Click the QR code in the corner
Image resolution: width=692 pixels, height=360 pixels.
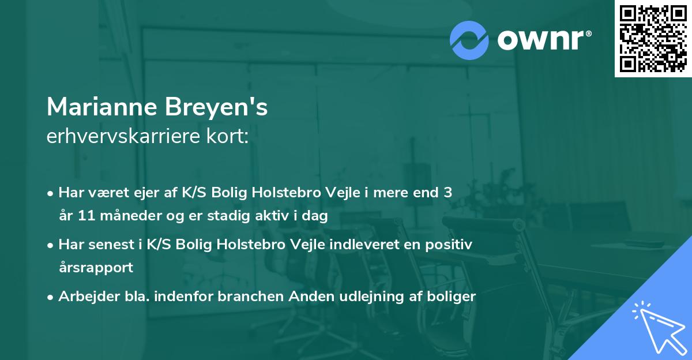(x=653, y=39)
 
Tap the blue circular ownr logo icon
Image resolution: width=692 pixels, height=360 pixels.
(x=469, y=40)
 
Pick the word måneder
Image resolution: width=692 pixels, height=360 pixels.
(x=127, y=216)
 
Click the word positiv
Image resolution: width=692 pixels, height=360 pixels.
(x=450, y=244)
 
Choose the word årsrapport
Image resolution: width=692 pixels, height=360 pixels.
(x=96, y=268)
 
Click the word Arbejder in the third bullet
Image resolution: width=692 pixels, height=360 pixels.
(x=84, y=297)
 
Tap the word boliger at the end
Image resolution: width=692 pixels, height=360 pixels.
(x=450, y=297)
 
